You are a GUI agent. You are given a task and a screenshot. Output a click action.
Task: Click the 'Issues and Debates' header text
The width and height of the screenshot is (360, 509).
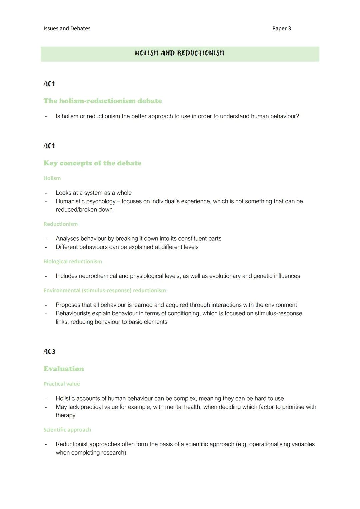pyautogui.click(x=67, y=29)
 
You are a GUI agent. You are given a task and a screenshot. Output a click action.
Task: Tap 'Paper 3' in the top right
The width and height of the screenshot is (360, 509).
pyautogui.click(x=281, y=29)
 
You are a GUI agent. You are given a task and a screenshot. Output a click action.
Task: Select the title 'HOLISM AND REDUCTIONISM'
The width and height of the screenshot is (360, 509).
pyautogui.click(x=179, y=53)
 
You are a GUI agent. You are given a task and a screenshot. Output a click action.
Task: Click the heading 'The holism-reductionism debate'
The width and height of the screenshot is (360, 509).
pyautogui.click(x=103, y=101)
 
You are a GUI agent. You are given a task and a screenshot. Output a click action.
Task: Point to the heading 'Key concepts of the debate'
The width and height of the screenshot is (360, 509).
pyautogui.click(x=92, y=163)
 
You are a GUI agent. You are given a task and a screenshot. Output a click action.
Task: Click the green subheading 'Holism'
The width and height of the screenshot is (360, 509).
pyautogui.click(x=52, y=178)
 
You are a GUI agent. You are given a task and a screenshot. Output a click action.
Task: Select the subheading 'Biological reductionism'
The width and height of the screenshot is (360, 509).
pyautogui.click(x=73, y=262)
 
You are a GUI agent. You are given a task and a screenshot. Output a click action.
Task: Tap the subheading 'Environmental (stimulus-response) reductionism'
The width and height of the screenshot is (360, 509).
pyautogui.click(x=104, y=291)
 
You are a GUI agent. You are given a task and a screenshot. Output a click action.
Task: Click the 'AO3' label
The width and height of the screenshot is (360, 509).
pyautogui.click(x=49, y=352)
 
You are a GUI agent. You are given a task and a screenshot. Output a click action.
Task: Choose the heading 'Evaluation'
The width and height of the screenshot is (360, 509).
pyautogui.click(x=64, y=369)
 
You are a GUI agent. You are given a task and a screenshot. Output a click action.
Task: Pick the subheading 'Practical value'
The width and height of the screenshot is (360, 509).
pyautogui.click(x=62, y=384)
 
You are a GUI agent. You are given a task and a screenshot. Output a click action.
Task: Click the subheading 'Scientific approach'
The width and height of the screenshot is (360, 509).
pyautogui.click(x=67, y=430)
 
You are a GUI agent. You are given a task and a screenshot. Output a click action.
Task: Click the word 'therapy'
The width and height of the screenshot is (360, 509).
pyautogui.click(x=65, y=415)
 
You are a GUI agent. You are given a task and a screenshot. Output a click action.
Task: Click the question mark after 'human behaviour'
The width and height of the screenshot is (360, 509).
pyautogui.click(x=297, y=116)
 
